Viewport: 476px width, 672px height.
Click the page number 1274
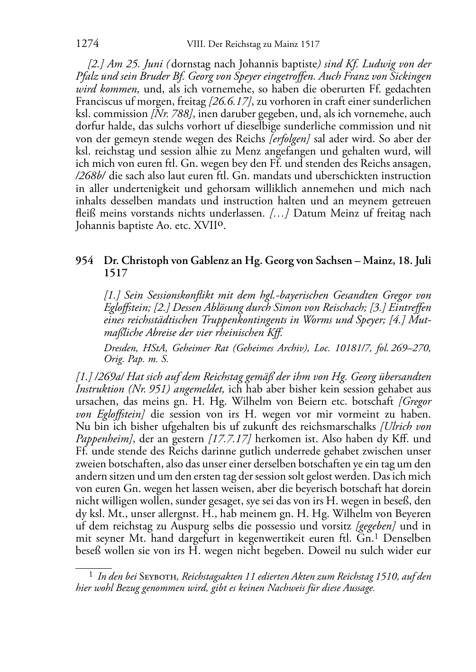(87, 44)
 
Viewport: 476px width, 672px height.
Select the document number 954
(85, 261)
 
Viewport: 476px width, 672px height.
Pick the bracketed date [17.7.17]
(226, 439)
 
